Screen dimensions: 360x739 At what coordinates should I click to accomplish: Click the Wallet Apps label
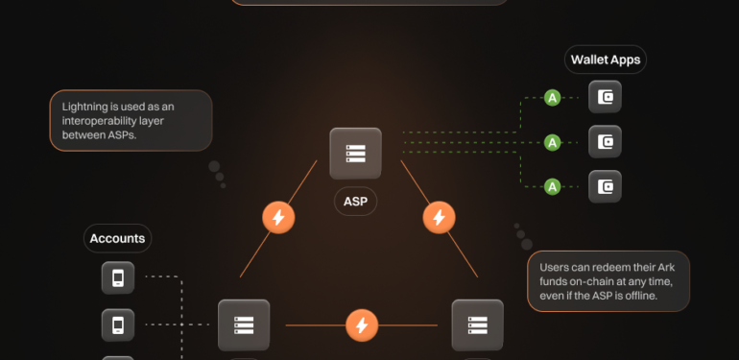pos(605,60)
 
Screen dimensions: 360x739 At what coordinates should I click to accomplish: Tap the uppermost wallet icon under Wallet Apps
pos(605,97)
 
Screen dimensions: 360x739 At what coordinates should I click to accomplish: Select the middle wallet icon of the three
pos(605,142)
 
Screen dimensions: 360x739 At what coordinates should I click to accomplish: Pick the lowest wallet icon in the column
pos(605,187)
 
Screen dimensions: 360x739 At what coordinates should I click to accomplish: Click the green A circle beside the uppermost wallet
pos(552,97)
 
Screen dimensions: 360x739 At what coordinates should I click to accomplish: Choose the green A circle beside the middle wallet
pos(552,142)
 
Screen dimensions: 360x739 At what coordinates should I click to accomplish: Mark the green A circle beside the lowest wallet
pos(552,186)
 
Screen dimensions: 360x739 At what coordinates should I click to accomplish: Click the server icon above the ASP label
pos(355,154)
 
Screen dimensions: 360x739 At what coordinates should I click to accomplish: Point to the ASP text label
pos(355,202)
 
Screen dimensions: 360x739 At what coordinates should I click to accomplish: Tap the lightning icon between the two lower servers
pos(362,325)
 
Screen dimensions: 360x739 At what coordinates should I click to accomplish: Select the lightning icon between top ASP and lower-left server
pos(278,218)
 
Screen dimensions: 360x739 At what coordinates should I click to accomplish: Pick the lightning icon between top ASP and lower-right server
pos(439,218)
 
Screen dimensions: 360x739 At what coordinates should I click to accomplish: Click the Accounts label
pos(117,238)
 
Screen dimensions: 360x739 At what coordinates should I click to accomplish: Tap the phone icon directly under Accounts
pos(118,278)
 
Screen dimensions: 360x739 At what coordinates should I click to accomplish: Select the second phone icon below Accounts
pos(118,324)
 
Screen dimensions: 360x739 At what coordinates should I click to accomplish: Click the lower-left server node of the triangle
pos(244,325)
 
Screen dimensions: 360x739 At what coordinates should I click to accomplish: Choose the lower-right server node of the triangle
pos(477,325)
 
